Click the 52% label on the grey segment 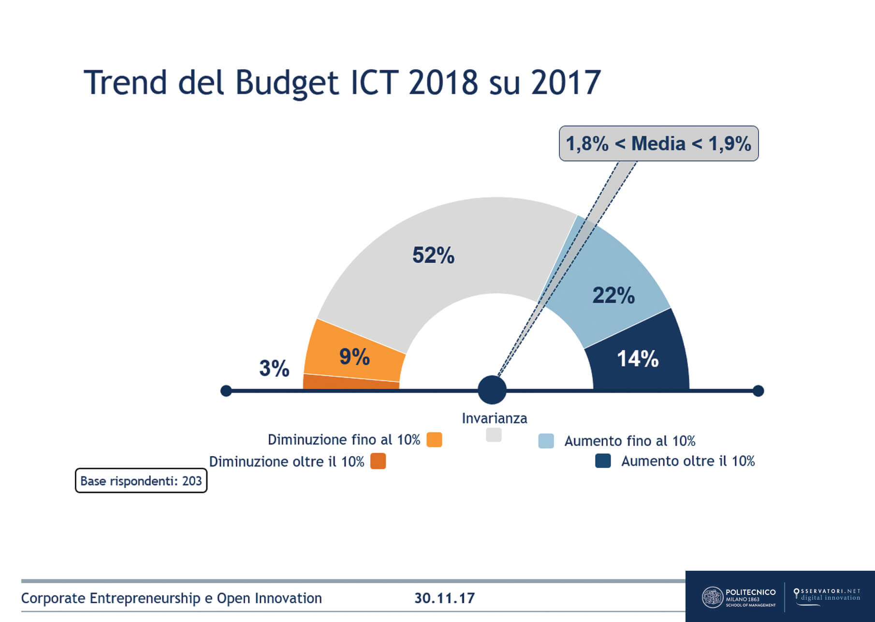pos(433,255)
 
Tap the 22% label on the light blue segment pos(613,296)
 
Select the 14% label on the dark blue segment pos(638,359)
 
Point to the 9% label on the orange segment pos(354,357)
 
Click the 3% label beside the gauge pos(274,369)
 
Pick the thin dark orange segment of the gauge pos(350,382)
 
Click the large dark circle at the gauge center pos(492,390)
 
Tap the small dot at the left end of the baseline pos(226,391)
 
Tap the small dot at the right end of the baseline pos(758,391)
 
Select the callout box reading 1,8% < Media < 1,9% pos(658,144)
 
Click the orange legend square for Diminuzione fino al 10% pos(434,440)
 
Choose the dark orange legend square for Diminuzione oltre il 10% pos(378,461)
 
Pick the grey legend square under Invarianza pos(494,434)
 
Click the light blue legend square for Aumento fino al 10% pos(546,441)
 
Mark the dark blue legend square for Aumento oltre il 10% pos(603,460)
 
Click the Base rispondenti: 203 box pos(141,481)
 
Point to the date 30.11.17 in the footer pos(444,598)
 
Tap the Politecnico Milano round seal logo pos(712,597)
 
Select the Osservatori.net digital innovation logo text pos(827,594)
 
